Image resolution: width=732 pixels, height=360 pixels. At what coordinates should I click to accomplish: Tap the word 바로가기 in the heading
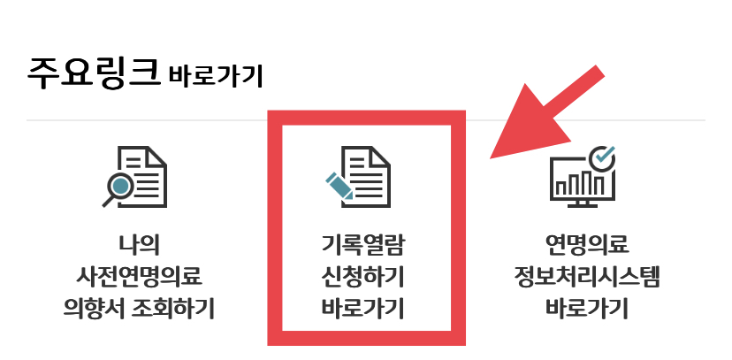pyautogui.click(x=215, y=76)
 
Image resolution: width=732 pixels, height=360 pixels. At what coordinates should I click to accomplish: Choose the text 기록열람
pyautogui.click(x=364, y=243)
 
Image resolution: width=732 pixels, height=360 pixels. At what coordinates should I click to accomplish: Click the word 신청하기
pyautogui.click(x=364, y=276)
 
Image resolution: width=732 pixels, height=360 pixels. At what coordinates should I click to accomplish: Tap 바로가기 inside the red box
pyautogui.click(x=364, y=309)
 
